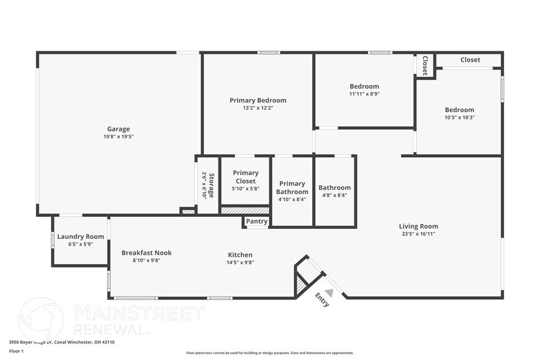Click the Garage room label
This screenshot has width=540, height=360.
tap(118, 129)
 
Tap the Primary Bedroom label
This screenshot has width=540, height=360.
tap(258, 100)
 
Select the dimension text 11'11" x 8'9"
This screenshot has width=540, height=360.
tap(364, 94)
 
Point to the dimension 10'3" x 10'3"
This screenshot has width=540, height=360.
tap(459, 118)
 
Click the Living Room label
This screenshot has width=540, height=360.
tap(418, 226)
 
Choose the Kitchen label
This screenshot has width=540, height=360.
tap(240, 255)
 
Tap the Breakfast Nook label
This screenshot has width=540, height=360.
tap(146, 253)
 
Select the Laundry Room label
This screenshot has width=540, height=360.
tap(80, 237)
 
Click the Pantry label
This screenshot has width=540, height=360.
tap(257, 222)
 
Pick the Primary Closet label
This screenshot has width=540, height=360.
tap(246, 177)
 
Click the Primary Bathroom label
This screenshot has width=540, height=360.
tap(292, 187)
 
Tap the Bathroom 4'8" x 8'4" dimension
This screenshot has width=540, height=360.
tap(334, 195)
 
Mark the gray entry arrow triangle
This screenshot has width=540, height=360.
tap(329, 293)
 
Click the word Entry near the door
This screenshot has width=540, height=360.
tap(322, 300)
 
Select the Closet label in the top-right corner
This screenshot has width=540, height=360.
tap(470, 60)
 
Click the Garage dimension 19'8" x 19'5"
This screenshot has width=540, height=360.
tap(118, 137)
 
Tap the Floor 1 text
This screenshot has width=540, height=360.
tap(16, 351)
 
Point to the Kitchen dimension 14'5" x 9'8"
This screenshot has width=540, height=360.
tap(240, 262)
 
